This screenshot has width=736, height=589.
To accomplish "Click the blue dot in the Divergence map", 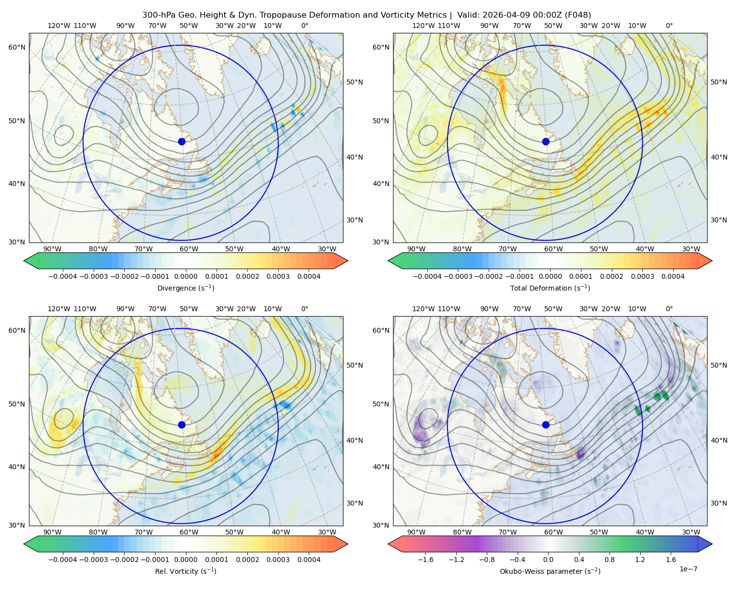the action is click(x=182, y=141).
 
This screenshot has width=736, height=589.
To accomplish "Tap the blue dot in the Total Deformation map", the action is click(x=546, y=141).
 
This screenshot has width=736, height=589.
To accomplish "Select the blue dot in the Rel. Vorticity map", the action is click(x=182, y=425).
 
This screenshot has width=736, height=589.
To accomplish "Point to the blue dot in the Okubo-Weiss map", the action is click(x=546, y=425).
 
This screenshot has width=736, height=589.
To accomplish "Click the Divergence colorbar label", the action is click(x=185, y=288).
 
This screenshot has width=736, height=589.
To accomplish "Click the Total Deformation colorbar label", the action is click(x=550, y=288).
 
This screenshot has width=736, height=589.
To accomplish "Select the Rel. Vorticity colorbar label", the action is click(x=185, y=571).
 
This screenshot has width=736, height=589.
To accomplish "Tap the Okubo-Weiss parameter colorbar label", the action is click(x=550, y=571).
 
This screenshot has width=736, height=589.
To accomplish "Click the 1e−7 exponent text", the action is click(x=688, y=569).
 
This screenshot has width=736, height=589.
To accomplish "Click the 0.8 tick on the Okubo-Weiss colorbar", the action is click(x=609, y=560).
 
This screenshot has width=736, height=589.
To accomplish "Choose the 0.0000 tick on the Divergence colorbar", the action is click(x=185, y=276).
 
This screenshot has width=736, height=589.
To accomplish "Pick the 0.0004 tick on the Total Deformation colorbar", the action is click(x=673, y=276).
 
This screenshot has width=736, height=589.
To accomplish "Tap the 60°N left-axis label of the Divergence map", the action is click(x=17, y=47).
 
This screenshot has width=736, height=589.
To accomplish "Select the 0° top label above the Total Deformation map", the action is click(x=669, y=26).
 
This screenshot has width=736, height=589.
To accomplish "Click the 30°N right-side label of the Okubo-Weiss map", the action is click(x=719, y=503).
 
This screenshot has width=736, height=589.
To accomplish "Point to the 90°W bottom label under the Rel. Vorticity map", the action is click(x=53, y=532).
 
